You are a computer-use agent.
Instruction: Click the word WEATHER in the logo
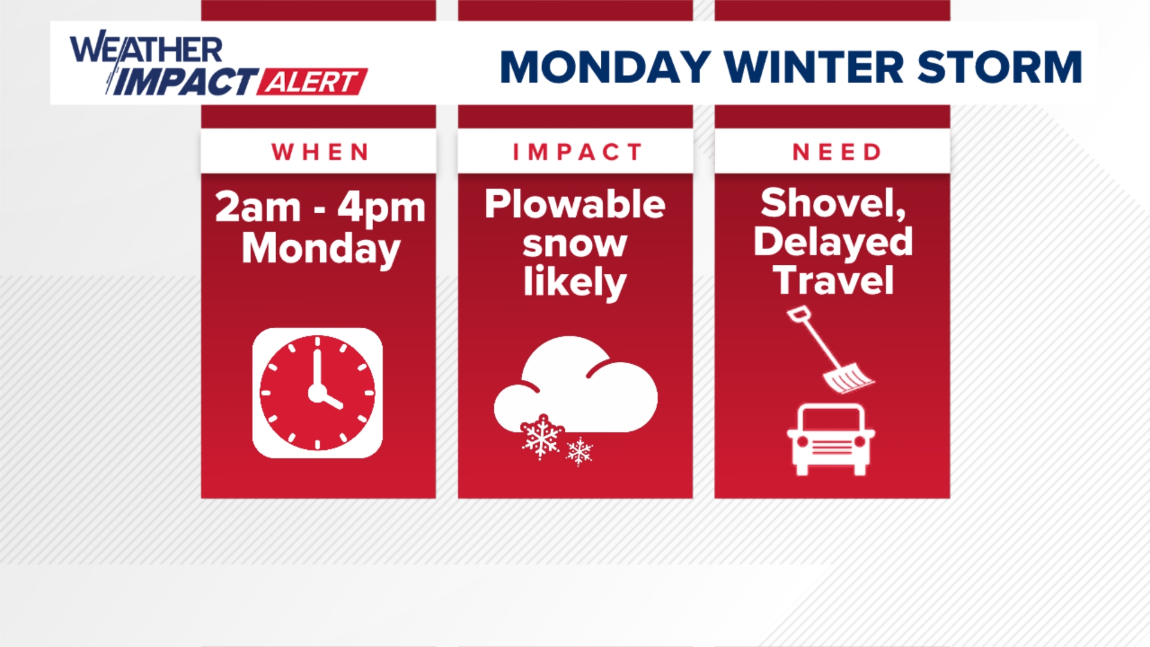146,49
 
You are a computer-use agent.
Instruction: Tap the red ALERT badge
312,82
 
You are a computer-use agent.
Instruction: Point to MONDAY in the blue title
605,67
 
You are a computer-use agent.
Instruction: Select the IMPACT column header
576,152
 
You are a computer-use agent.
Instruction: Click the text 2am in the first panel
258,208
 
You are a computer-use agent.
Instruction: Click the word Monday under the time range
320,249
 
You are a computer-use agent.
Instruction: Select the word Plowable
574,204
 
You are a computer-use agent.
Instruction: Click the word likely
574,282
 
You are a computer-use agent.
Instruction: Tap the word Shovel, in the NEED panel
833,203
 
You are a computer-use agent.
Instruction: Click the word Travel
833,280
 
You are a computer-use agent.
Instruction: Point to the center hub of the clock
317,393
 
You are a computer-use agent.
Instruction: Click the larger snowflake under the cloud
541,437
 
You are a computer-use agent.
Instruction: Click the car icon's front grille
831,446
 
